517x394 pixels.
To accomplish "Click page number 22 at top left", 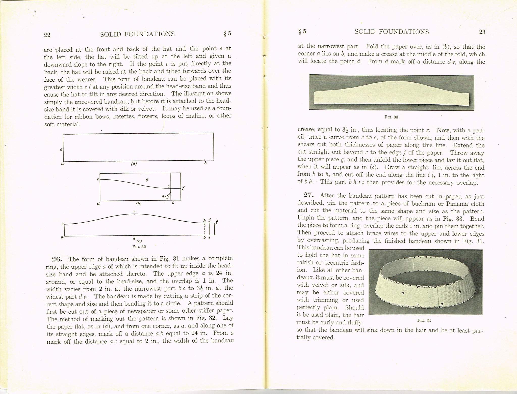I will click(47, 35).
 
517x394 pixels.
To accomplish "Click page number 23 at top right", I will click(482, 32).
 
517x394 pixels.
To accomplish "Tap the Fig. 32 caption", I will click(139, 247).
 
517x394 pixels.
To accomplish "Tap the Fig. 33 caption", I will click(391, 117).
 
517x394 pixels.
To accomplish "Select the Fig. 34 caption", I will click(424, 320).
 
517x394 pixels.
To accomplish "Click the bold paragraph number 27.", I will click(309, 195).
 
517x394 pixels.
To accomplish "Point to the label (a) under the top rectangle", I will click(134, 164).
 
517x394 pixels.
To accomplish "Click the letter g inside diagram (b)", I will click(147, 180).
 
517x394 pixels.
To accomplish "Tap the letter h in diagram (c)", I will click(205, 221).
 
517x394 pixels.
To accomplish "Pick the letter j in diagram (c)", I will click(210, 220).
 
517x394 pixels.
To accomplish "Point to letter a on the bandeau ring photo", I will click(403, 293).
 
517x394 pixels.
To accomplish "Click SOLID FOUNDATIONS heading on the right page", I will click(392, 32).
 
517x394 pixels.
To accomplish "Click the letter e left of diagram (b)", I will click(97, 179).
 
